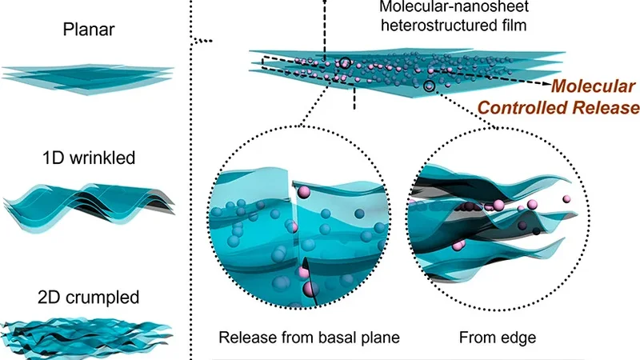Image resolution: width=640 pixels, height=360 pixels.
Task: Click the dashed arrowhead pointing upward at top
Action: [x=325, y=3]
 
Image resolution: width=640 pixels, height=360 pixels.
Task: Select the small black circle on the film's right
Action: [x=430, y=86]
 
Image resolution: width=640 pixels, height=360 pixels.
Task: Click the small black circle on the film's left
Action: [x=344, y=62]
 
